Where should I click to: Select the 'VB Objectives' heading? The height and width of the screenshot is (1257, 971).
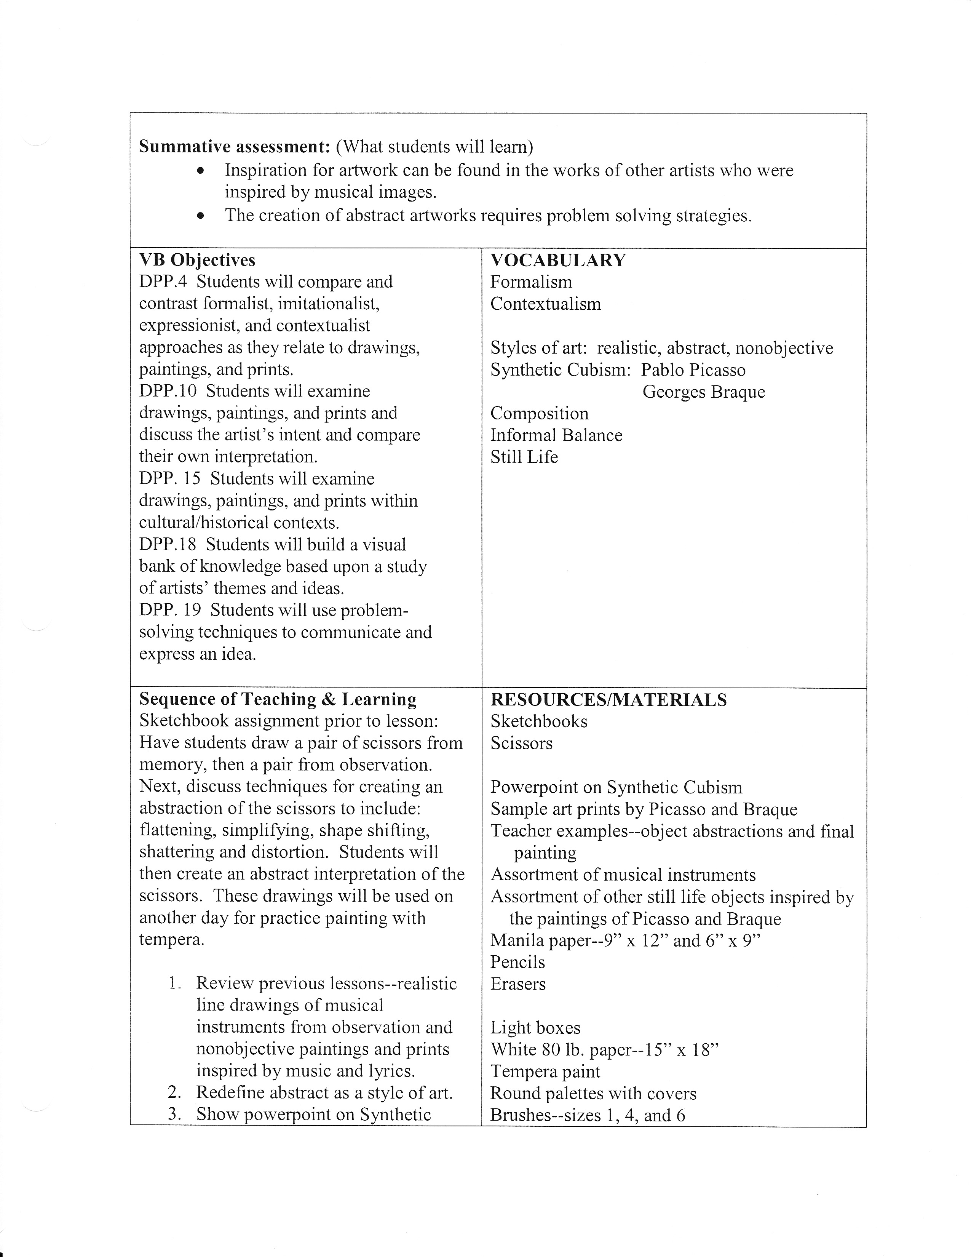click(197, 260)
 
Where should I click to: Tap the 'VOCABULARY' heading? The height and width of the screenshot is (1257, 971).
click(557, 260)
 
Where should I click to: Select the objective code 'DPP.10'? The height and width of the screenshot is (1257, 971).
click(168, 391)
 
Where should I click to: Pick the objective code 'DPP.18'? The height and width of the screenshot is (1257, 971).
click(168, 544)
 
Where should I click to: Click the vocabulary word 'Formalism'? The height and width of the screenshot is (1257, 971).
click(531, 282)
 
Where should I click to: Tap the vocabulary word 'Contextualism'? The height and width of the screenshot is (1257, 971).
click(545, 304)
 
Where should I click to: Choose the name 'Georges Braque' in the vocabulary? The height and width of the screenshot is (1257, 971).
click(704, 392)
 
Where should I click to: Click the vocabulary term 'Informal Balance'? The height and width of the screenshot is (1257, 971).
click(556, 435)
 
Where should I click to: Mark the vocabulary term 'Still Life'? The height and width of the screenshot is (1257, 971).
click(524, 457)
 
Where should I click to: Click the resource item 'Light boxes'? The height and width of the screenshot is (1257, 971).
click(535, 1028)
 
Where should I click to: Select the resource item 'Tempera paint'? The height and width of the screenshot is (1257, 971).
click(545, 1071)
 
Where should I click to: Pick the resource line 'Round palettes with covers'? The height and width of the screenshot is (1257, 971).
click(593, 1094)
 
